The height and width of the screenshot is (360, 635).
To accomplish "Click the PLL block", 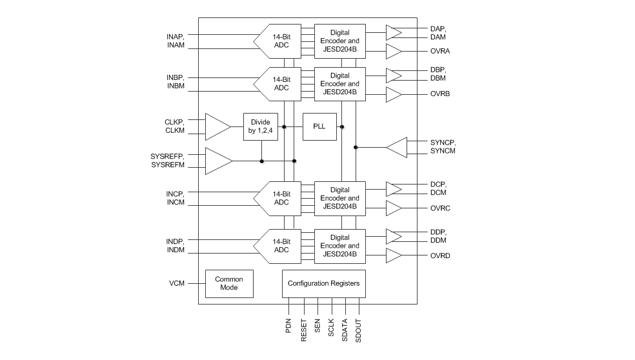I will tap(320, 126).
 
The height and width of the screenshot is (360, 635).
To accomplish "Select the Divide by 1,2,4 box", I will tap(261, 126).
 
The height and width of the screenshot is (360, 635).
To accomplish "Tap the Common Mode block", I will tap(229, 283).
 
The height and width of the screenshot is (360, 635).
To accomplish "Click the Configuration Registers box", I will tap(323, 283).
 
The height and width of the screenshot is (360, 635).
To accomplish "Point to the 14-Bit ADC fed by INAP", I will tap(279, 41).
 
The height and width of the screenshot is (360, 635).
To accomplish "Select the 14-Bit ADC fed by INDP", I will tap(279, 246).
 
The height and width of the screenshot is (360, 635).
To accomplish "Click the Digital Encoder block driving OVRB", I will tap(339, 84).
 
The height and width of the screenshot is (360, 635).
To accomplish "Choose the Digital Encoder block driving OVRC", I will tap(339, 198).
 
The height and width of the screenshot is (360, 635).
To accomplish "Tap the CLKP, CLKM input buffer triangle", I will tap(217, 126).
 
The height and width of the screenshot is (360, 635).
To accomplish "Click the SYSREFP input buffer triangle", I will tap(217, 161).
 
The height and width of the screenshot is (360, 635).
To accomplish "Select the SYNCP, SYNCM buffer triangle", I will tap(398, 147).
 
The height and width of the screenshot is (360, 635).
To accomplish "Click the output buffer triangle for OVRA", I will tap(393, 52).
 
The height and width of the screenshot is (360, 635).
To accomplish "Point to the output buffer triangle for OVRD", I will tap(393, 256).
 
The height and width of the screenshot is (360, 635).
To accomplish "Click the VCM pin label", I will tap(177, 283).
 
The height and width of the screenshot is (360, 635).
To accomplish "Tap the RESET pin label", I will tap(304, 330).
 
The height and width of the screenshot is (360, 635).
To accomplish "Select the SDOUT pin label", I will tap(359, 330).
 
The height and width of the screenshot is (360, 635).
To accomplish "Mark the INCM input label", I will tap(176, 203).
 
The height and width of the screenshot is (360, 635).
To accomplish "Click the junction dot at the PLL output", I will tap(341, 126).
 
